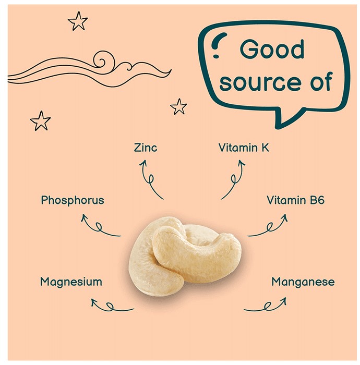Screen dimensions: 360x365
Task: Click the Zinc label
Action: point(145,148)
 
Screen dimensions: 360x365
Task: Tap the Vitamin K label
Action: point(244,148)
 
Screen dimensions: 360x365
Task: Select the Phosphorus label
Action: point(73,200)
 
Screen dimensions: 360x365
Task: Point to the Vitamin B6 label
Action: point(295,200)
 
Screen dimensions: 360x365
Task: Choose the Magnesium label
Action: point(71,282)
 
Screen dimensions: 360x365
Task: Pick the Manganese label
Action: point(303,282)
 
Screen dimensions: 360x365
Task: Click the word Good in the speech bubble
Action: point(272,49)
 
